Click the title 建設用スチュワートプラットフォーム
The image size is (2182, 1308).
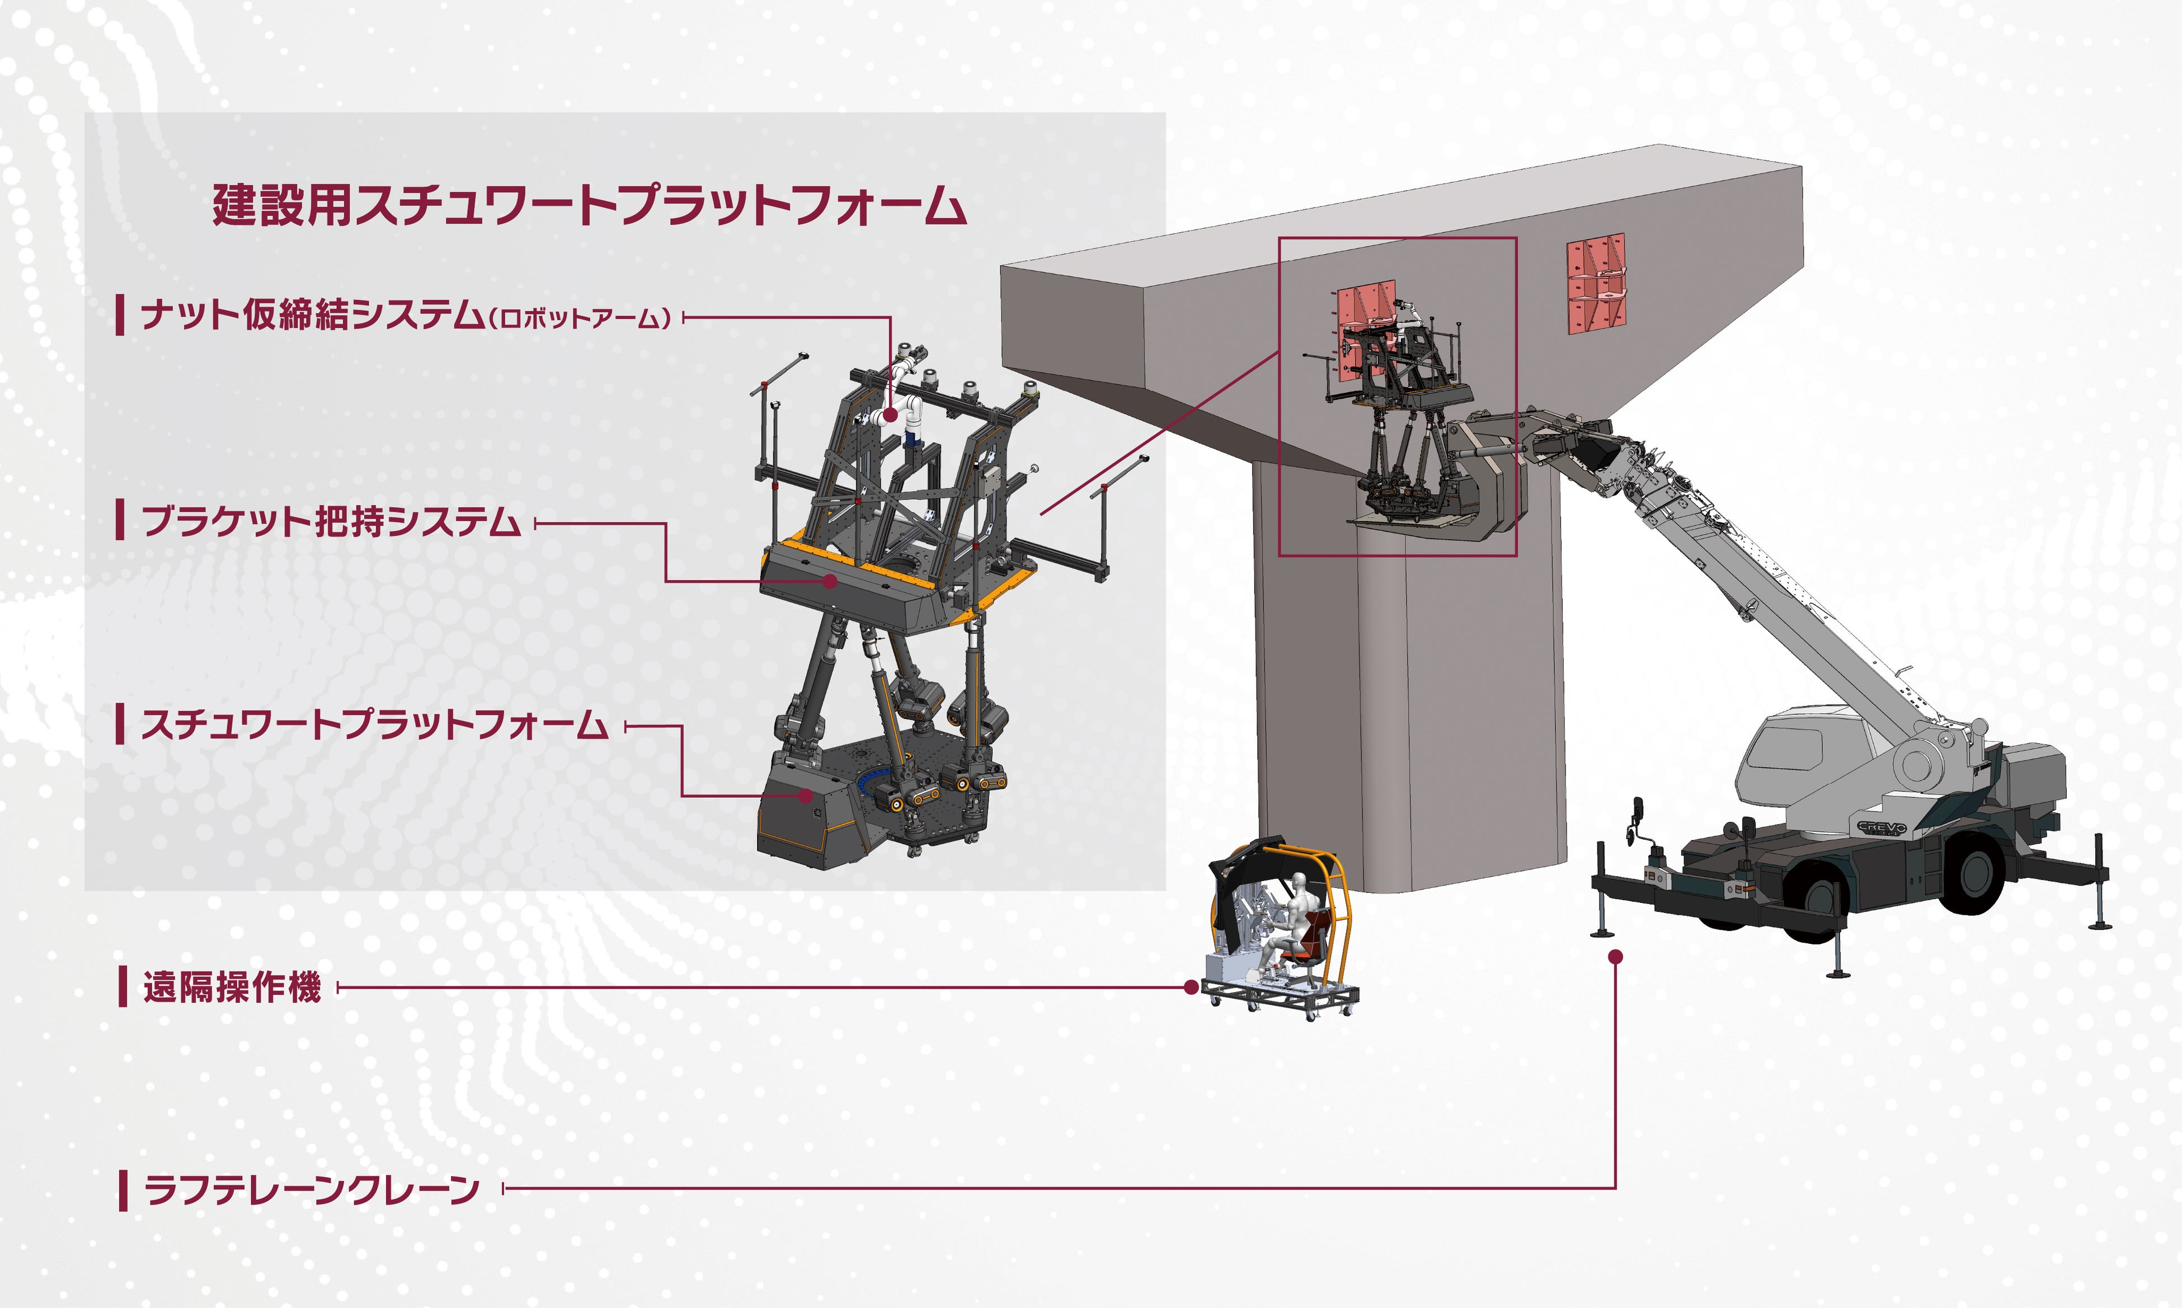click(x=589, y=205)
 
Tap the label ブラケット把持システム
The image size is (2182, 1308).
click(x=331, y=522)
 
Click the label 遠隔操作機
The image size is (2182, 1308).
click(x=232, y=987)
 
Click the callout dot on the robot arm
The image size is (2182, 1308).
click(x=890, y=414)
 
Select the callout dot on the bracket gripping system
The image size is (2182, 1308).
click(x=829, y=581)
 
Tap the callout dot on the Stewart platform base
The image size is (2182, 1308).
click(x=806, y=795)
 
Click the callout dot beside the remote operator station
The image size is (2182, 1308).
click(x=1191, y=987)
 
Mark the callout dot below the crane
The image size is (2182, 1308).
click(x=1615, y=956)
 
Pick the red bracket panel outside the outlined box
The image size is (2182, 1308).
click(x=1595, y=284)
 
